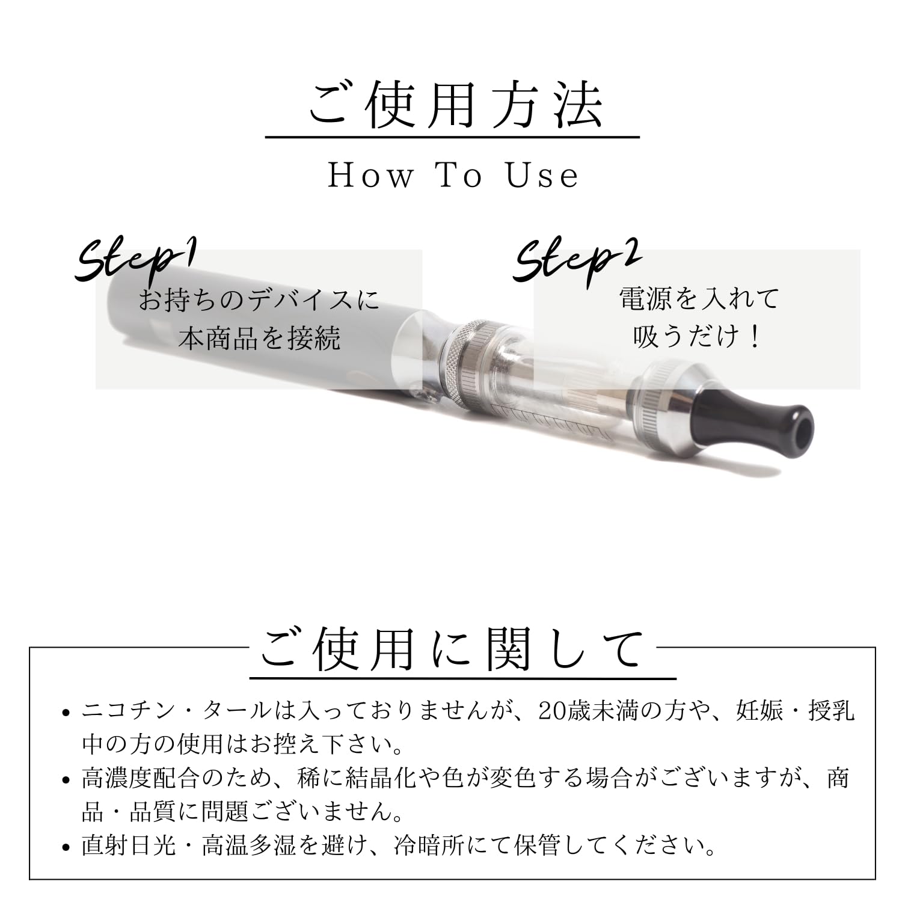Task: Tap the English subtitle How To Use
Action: (453, 176)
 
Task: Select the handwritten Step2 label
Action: (576, 260)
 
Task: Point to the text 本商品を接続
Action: (259, 339)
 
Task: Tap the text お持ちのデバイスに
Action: (259, 299)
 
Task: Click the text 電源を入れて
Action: (699, 298)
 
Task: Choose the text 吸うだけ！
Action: (698, 336)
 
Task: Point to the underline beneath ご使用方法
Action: (452, 138)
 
